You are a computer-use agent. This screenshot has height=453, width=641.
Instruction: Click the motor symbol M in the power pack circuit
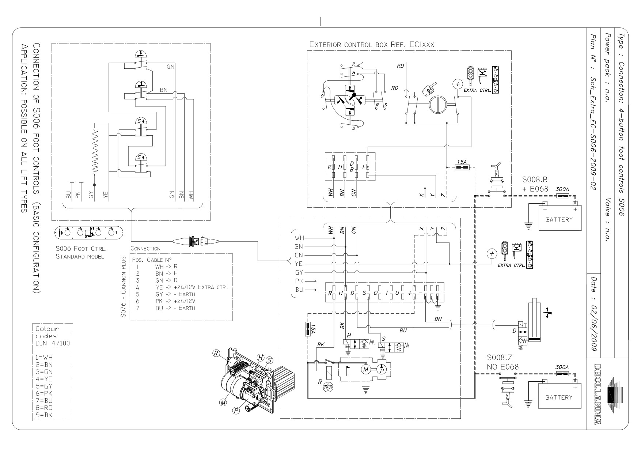(365, 370)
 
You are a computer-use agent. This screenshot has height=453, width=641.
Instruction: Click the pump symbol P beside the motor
(382, 370)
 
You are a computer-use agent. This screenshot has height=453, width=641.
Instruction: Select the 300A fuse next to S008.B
(562, 196)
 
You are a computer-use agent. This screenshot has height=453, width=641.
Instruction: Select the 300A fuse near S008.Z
(562, 374)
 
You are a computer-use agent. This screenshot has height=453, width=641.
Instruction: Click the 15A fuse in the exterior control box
(461, 167)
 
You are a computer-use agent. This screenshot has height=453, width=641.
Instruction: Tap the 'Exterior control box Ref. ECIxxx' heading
(372, 45)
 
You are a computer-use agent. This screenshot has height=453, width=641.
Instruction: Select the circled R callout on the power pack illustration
(216, 353)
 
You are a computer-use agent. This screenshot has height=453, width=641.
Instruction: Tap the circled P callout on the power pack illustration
(236, 411)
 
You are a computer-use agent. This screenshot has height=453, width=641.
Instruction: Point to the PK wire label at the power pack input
(299, 281)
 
